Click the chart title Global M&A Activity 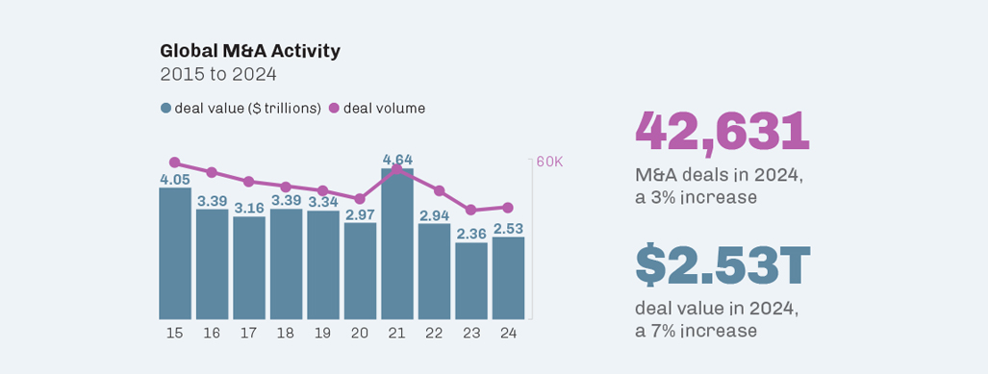click(x=249, y=51)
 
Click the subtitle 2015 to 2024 click(x=219, y=74)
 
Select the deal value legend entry click(x=241, y=108)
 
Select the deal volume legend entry click(x=377, y=108)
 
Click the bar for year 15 click(x=175, y=255)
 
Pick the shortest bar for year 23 click(x=471, y=281)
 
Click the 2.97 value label click(x=360, y=213)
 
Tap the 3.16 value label click(x=249, y=207)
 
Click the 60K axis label click(x=549, y=162)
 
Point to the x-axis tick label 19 click(x=322, y=333)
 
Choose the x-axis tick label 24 click(x=508, y=333)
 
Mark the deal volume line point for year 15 click(x=174, y=162)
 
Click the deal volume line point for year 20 click(x=360, y=199)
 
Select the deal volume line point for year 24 click(x=508, y=208)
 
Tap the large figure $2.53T click(x=722, y=266)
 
